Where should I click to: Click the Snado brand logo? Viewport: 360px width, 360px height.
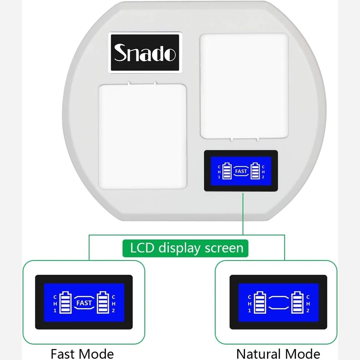click(145, 53)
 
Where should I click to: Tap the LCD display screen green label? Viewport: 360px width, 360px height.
click(185, 248)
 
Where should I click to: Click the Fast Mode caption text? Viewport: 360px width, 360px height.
click(82, 354)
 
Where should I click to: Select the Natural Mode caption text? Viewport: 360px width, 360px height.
click(278, 354)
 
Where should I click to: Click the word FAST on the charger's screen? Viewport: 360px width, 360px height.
click(241, 171)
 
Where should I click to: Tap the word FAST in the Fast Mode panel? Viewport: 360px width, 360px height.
click(84, 303)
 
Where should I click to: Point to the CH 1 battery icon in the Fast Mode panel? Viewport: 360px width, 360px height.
click(65, 302)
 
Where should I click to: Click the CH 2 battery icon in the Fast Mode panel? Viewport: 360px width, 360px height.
click(103, 302)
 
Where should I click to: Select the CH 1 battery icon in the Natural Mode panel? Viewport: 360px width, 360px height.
click(260, 302)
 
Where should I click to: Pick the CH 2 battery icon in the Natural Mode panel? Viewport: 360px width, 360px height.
click(297, 302)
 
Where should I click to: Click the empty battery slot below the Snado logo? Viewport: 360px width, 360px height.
click(142, 136)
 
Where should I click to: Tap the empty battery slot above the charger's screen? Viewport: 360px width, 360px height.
click(244, 86)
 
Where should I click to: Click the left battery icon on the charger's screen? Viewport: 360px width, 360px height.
click(227, 171)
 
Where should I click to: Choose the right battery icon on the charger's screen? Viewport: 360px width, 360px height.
click(255, 171)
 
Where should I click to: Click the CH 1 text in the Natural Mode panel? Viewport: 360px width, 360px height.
click(250, 303)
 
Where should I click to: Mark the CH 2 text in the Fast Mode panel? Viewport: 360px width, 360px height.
click(113, 303)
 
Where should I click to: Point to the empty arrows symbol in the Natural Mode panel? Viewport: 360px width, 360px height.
click(279, 302)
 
